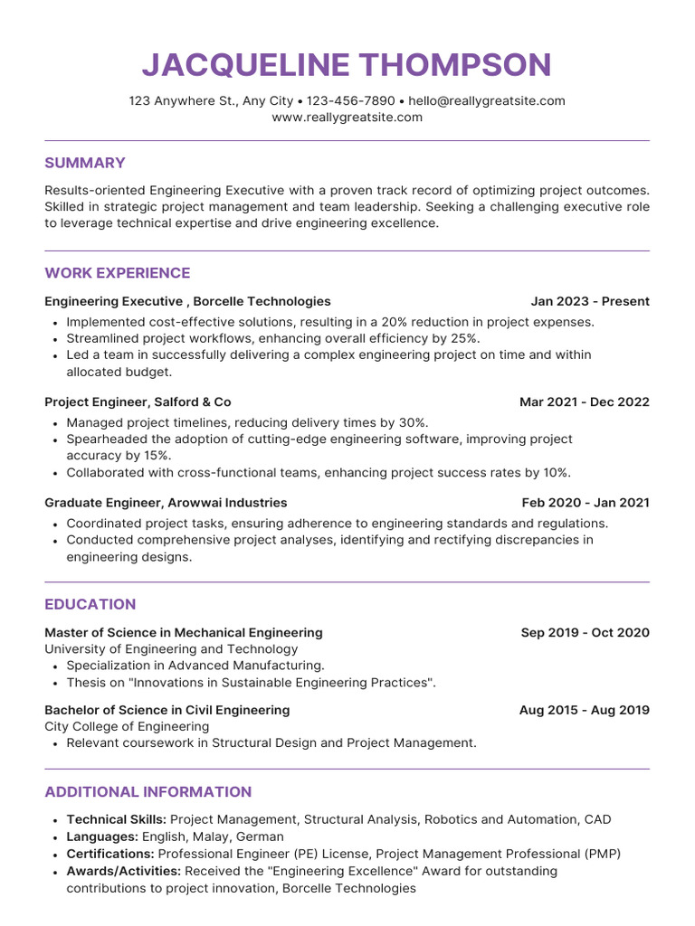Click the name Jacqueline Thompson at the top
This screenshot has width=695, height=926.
point(347,65)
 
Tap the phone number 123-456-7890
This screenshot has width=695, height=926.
point(351,100)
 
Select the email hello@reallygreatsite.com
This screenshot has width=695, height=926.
point(487,100)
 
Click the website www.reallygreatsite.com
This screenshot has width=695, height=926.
point(347,118)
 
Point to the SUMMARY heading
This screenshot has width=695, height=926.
point(85,163)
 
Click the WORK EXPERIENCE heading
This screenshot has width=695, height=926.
point(118,273)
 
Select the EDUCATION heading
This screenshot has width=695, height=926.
point(90,604)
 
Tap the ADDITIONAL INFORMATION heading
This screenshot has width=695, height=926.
point(148,792)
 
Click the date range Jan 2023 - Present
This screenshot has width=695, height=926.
point(590,301)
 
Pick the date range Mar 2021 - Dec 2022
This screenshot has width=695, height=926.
point(585,402)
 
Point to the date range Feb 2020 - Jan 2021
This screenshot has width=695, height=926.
point(586,503)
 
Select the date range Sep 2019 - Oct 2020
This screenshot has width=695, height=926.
point(586,633)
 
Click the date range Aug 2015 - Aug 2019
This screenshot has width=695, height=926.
point(585,711)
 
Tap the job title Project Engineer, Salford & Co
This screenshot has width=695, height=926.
point(138,402)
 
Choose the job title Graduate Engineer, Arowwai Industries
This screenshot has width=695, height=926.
point(166,503)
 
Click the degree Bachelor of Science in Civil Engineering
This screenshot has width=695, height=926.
point(167,711)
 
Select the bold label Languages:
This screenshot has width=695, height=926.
point(101,837)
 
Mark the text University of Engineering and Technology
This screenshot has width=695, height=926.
point(171,649)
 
